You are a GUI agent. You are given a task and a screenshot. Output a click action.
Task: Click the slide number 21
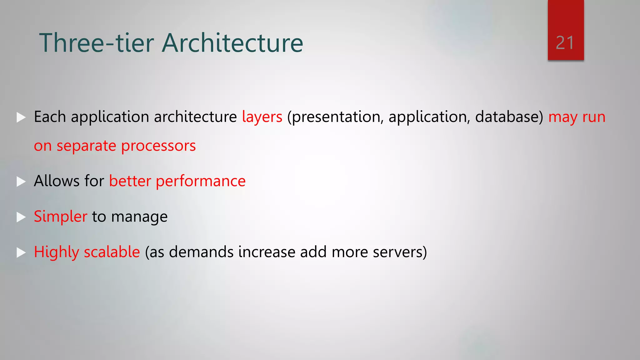565,43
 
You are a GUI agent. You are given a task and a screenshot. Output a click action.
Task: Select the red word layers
262,117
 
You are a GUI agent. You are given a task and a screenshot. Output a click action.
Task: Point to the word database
509,117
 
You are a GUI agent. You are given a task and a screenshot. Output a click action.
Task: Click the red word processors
158,146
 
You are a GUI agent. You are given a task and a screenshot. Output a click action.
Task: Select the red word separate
86,146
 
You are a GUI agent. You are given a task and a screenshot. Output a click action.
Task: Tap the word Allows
56,181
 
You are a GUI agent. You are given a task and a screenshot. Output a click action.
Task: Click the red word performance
201,181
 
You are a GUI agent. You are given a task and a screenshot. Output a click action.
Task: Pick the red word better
130,181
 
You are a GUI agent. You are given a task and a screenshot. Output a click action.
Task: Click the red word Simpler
60,217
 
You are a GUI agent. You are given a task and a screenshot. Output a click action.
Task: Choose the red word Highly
56,252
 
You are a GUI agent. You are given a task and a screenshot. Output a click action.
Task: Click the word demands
201,252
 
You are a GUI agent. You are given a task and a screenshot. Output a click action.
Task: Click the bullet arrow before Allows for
21,181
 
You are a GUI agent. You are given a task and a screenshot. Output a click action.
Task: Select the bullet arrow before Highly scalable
21,252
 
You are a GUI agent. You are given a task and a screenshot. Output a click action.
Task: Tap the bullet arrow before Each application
21,117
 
